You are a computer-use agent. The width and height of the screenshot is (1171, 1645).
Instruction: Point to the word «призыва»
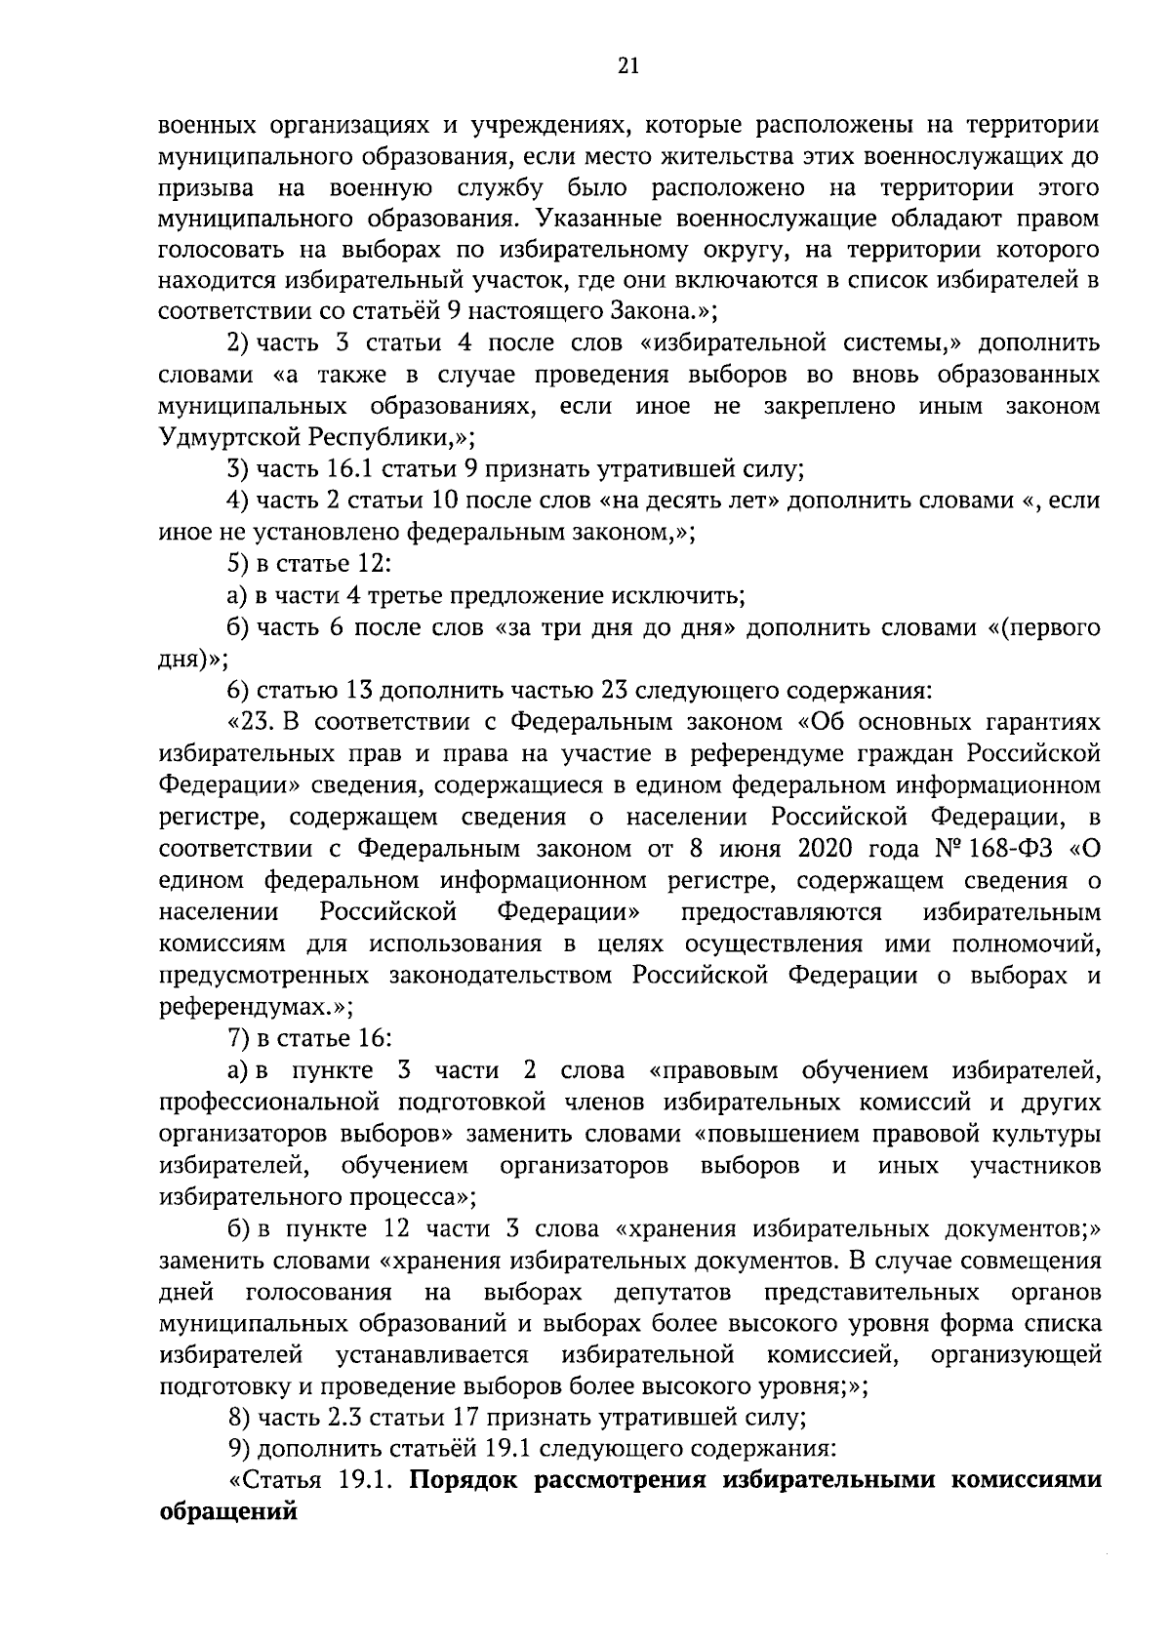(x=201, y=185)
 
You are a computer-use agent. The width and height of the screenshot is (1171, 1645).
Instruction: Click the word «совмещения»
(x=1033, y=1261)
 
